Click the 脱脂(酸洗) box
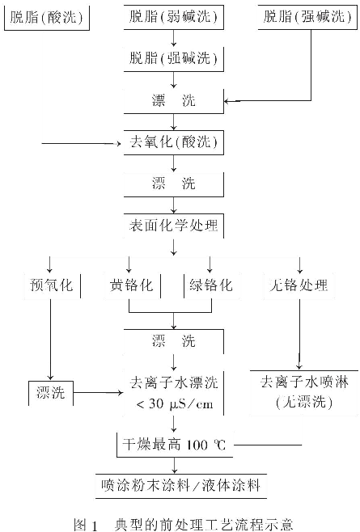(x=47, y=18)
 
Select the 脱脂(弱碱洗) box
(x=174, y=17)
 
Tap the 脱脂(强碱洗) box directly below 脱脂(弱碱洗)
(x=174, y=59)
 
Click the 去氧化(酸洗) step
(x=174, y=142)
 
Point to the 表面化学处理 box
(x=174, y=226)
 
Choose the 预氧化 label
(x=52, y=285)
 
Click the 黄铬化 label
(x=131, y=285)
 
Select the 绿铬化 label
(x=211, y=285)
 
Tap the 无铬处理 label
(x=299, y=285)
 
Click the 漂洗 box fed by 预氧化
(x=51, y=393)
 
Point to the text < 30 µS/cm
(x=175, y=403)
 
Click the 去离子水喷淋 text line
(x=304, y=382)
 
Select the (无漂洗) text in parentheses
(x=304, y=402)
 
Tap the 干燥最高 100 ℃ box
(x=175, y=445)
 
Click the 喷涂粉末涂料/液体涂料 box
(x=181, y=486)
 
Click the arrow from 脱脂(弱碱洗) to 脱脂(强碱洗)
(x=174, y=38)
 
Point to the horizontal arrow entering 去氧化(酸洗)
(x=82, y=144)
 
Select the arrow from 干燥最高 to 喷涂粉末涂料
(x=175, y=466)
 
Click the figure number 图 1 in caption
(x=86, y=525)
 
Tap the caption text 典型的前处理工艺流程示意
(x=204, y=525)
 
